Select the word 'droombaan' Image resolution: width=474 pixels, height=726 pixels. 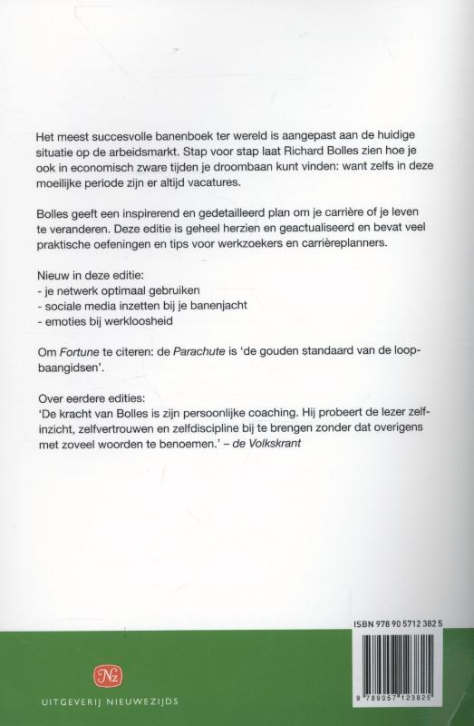pyautogui.click(x=256, y=168)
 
